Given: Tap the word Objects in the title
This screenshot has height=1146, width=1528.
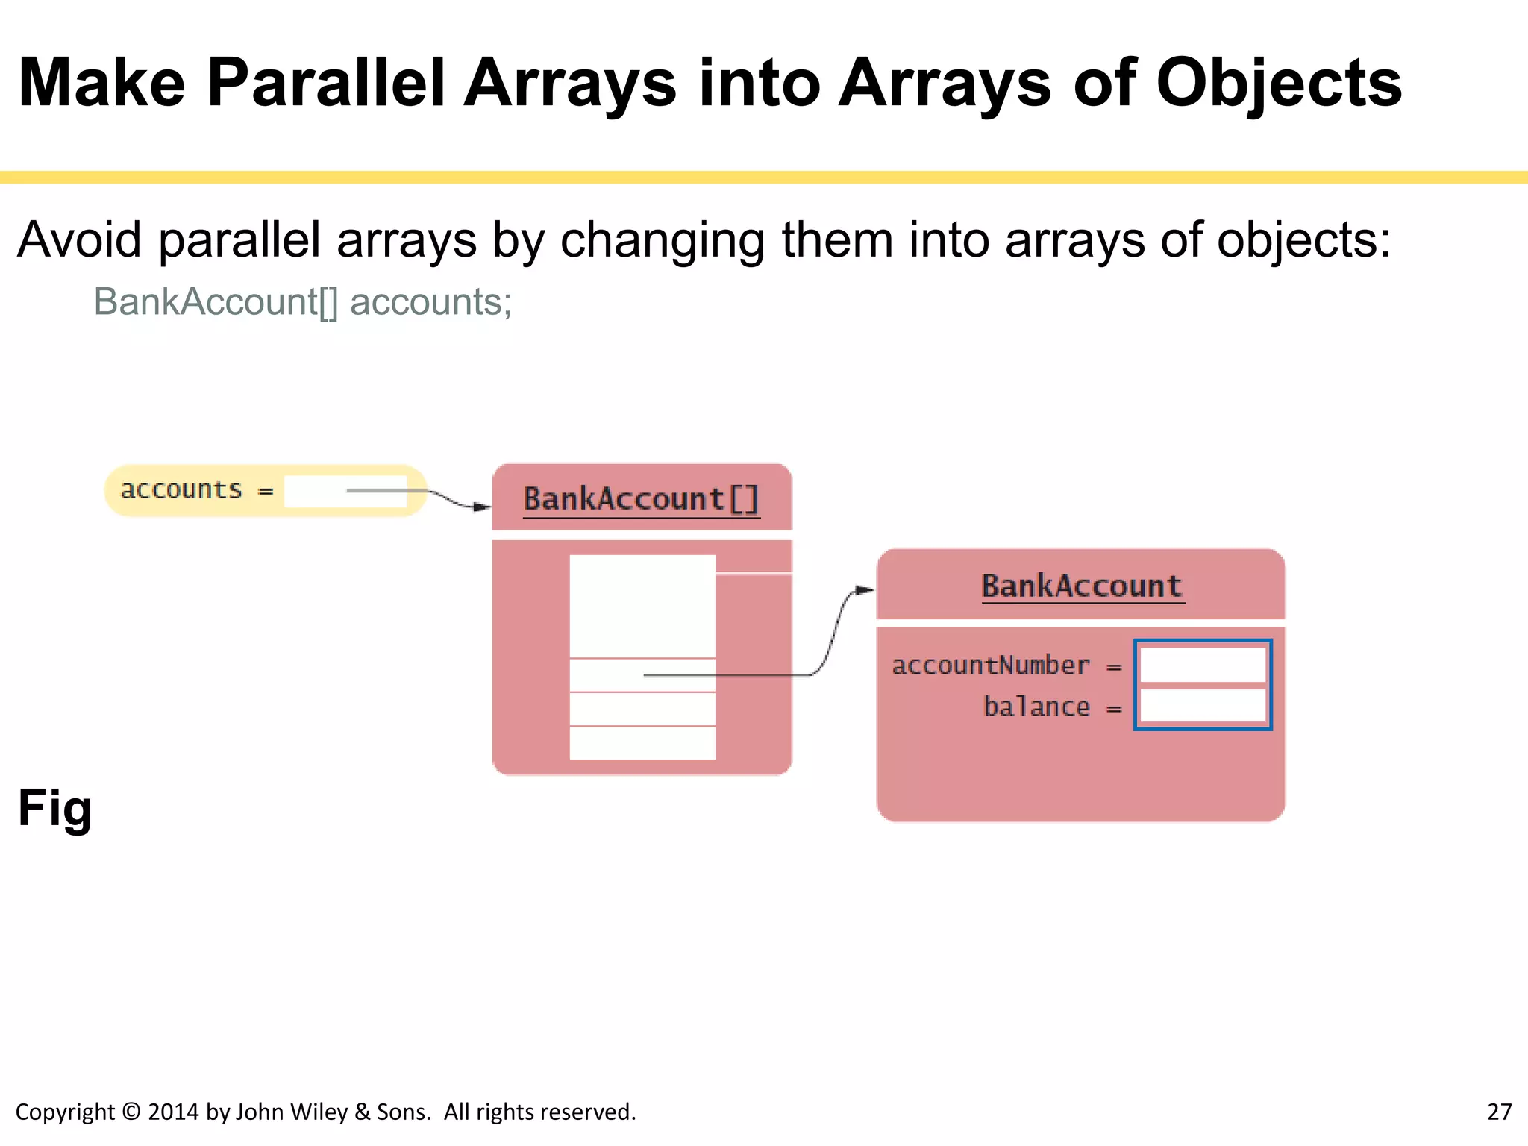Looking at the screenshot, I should pyautogui.click(x=1278, y=84).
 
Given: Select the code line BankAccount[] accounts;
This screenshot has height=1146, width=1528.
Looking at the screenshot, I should pyautogui.click(x=302, y=302).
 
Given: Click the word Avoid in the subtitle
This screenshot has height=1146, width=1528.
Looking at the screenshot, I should pyautogui.click(x=79, y=240).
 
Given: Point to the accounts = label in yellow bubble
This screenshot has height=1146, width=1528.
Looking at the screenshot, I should pyautogui.click(x=196, y=490).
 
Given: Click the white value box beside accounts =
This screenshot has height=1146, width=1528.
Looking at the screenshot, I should pyautogui.click(x=345, y=491).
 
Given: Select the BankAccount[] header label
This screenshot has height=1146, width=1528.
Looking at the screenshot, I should pyautogui.click(x=641, y=498).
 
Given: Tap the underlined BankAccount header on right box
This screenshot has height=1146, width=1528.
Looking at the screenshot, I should pyautogui.click(x=1082, y=586).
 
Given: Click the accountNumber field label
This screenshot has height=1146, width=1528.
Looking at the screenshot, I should pyautogui.click(x=990, y=665).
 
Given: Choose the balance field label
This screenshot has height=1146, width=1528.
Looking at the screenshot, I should pyautogui.click(x=1036, y=707).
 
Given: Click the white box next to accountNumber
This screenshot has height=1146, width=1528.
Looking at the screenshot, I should pyautogui.click(x=1203, y=664).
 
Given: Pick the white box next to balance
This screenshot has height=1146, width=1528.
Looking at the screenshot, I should pyautogui.click(x=1203, y=706).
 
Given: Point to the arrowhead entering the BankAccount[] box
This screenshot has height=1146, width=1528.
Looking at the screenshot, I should pyautogui.click(x=483, y=507).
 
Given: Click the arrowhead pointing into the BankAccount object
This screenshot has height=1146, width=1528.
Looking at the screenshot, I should pyautogui.click(x=865, y=590).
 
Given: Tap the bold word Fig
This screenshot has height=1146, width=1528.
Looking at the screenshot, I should pyautogui.click(x=54, y=808).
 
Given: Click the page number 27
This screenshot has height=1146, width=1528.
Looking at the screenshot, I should pyautogui.click(x=1499, y=1112).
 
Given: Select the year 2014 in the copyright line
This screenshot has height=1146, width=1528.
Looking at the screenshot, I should pyautogui.click(x=173, y=1112).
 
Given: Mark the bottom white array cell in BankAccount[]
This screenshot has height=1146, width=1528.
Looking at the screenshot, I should pyautogui.click(x=642, y=743).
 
